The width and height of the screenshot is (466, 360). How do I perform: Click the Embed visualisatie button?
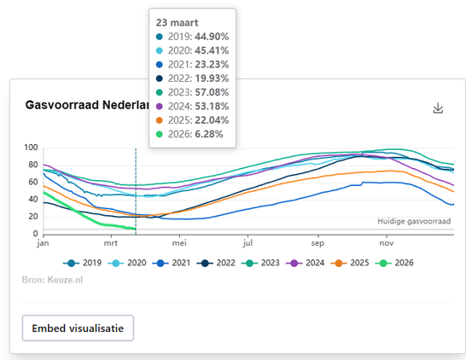pyautogui.click(x=78, y=328)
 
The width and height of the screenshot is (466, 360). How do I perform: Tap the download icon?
pyautogui.click(x=439, y=108)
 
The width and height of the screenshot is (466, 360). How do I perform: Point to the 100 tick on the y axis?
pyautogui.click(x=32, y=148)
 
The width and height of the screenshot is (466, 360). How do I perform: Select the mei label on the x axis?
pyautogui.click(x=179, y=242)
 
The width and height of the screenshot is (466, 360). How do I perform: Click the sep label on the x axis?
pyautogui.click(x=317, y=242)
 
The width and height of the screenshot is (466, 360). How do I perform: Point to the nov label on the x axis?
pyautogui.click(x=387, y=242)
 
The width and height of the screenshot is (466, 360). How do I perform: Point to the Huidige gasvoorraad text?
pyautogui.click(x=413, y=221)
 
